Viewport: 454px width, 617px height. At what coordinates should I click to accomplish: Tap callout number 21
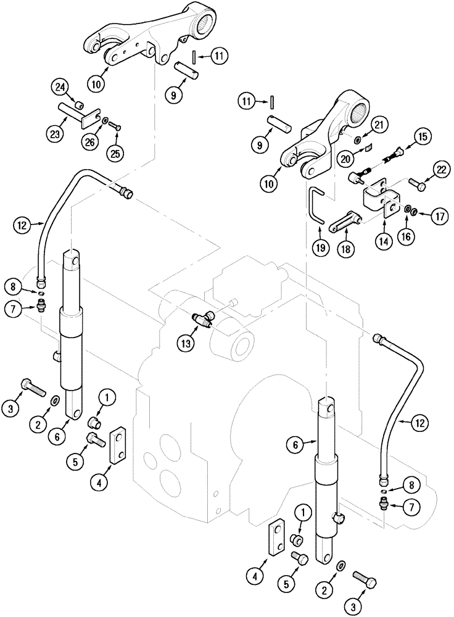pyautogui.click(x=378, y=125)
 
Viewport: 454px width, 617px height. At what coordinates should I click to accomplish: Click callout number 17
pyautogui.click(x=439, y=216)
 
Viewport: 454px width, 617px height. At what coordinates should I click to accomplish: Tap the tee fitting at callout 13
pyautogui.click(x=203, y=319)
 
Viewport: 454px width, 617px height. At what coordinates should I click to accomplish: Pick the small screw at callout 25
pyautogui.click(x=115, y=126)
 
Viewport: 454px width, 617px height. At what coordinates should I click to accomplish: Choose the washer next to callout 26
pyautogui.click(x=106, y=120)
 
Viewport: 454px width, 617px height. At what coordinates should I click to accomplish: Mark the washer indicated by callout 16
pyautogui.click(x=408, y=211)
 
